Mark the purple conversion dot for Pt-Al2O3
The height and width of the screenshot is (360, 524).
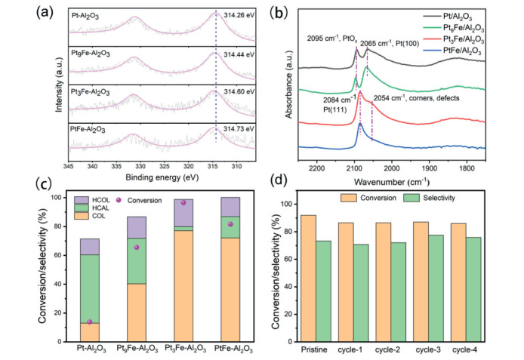90,322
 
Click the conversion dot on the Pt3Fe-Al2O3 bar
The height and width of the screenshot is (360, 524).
183,202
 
